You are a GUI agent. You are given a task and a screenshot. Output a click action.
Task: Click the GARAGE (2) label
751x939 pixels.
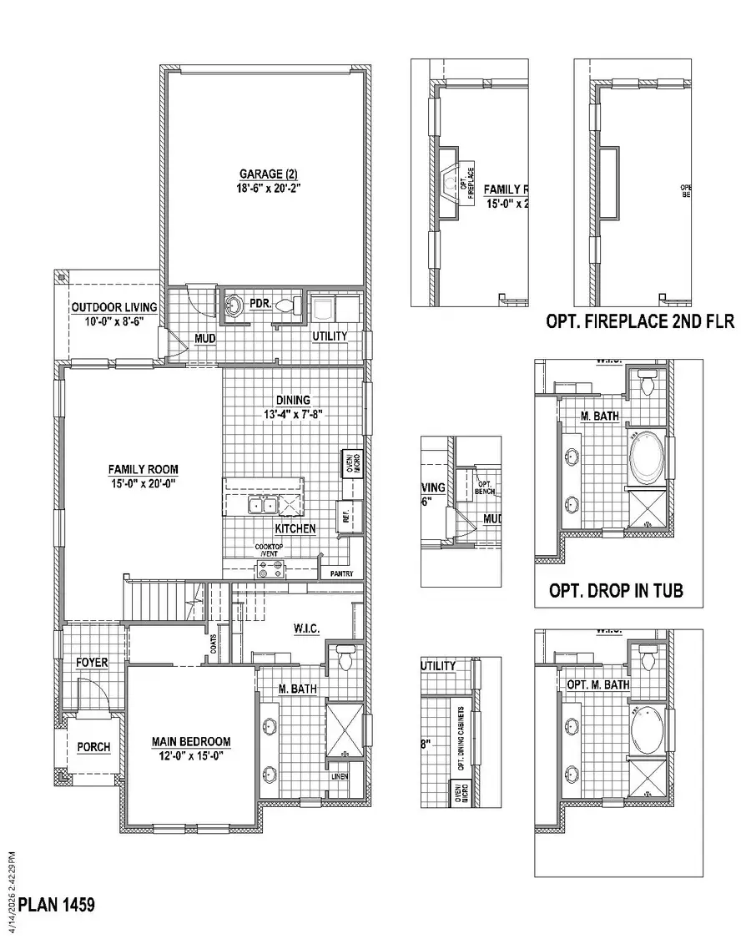tap(269, 174)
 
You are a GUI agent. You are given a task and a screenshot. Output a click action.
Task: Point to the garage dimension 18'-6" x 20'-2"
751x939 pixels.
tap(269, 188)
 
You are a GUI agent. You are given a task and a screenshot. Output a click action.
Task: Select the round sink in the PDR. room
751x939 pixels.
tap(234, 306)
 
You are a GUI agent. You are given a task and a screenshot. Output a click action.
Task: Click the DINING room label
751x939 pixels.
tap(293, 400)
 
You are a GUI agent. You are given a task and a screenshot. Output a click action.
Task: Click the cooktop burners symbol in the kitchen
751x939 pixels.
tap(270, 570)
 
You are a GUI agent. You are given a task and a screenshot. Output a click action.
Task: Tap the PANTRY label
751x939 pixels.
tap(341, 574)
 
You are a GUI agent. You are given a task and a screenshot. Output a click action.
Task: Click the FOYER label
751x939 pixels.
tap(93, 663)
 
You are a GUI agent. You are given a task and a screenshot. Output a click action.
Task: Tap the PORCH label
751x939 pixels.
tap(93, 746)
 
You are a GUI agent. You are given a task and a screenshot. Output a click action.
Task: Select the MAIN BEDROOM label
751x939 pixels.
tap(191, 741)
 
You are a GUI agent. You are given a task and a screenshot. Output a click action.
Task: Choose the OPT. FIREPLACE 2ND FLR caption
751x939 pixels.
tap(640, 321)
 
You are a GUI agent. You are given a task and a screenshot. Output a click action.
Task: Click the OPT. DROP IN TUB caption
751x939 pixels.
tap(616, 590)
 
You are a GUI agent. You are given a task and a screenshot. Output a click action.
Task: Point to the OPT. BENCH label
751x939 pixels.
tap(485, 487)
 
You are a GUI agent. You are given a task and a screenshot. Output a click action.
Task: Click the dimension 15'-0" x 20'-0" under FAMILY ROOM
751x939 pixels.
tap(143, 482)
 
